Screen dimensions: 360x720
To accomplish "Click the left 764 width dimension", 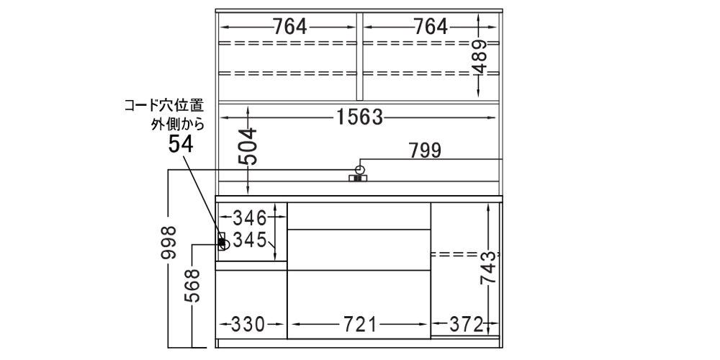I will click(289, 27).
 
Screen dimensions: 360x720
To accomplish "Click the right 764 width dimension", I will click(430, 27).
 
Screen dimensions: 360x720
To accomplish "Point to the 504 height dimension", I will click(248, 148).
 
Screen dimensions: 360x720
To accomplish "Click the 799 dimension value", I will click(425, 151).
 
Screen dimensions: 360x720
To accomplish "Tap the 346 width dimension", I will click(250, 216).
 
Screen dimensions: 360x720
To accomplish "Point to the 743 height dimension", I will click(489, 268).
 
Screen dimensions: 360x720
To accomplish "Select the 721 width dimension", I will click(358, 324).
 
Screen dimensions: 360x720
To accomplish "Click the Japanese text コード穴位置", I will click(163, 106).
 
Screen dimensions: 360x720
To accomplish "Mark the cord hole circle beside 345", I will click(224, 245).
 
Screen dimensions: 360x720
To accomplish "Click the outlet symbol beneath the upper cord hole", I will click(358, 177).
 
